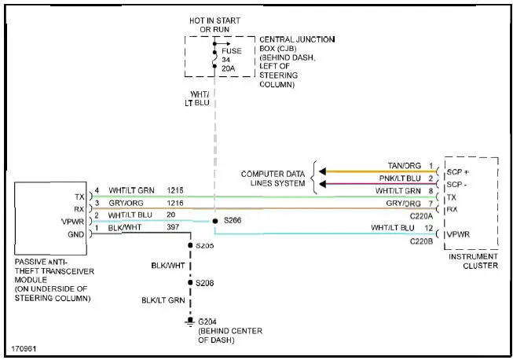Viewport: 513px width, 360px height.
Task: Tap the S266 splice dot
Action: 214,221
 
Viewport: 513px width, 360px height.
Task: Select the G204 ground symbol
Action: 189,321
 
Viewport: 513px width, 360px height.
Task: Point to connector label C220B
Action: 422,240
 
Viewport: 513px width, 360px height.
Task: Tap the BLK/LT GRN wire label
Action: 163,300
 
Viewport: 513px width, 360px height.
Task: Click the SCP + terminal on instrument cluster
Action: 458,171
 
